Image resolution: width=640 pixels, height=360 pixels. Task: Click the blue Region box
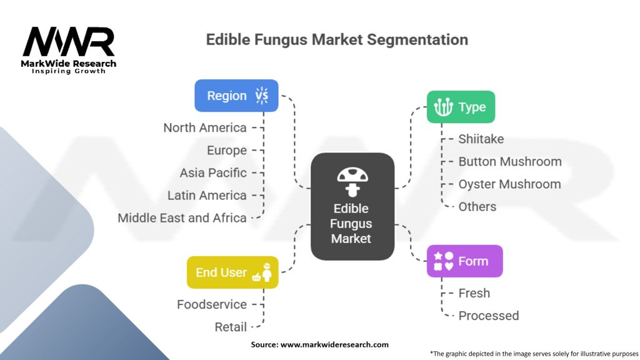pyautogui.click(x=236, y=96)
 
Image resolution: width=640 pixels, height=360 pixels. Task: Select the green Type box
pyautogui.click(x=461, y=107)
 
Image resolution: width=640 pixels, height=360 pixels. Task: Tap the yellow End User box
pyautogui.click(x=232, y=272)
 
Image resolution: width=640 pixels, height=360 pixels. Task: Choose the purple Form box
pyautogui.click(x=464, y=261)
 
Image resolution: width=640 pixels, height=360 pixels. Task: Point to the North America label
pyautogui.click(x=205, y=127)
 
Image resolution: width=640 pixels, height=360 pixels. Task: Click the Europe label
pyautogui.click(x=227, y=150)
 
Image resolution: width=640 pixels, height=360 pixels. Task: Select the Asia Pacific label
pyautogui.click(x=213, y=172)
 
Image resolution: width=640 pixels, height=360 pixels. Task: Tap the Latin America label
pyautogui.click(x=207, y=195)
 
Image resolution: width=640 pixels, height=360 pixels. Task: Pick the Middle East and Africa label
pyautogui.click(x=182, y=218)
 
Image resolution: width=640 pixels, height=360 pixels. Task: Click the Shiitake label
pyautogui.click(x=481, y=139)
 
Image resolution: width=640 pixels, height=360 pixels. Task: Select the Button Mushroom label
pyautogui.click(x=510, y=161)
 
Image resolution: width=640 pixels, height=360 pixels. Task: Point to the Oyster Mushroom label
pyautogui.click(x=509, y=184)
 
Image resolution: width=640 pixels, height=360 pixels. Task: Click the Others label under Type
pyautogui.click(x=477, y=207)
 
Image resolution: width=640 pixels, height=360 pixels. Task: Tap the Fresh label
pyautogui.click(x=474, y=293)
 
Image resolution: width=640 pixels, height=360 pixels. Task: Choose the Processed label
pyautogui.click(x=489, y=316)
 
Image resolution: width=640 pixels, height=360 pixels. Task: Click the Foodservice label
pyautogui.click(x=212, y=304)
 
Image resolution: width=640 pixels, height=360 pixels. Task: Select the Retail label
pyautogui.click(x=231, y=327)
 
